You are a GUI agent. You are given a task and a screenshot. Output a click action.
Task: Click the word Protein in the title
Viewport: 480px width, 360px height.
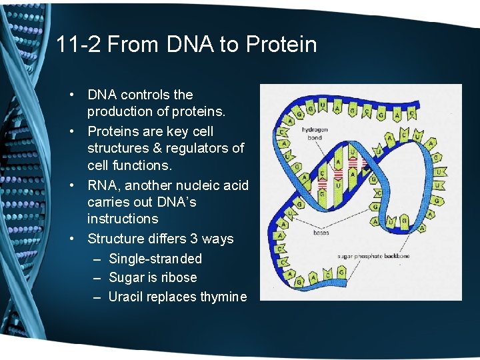click(281, 45)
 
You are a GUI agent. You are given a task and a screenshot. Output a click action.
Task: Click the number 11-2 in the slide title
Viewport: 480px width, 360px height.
click(78, 45)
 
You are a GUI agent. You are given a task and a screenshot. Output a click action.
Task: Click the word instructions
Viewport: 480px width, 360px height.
click(123, 219)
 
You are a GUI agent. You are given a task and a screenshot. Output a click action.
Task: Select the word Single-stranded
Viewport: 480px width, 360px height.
click(155, 259)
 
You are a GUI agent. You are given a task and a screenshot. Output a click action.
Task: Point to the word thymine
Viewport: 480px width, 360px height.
click(223, 297)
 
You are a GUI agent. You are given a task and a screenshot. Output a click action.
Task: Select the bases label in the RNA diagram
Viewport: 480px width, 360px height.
click(321, 233)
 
